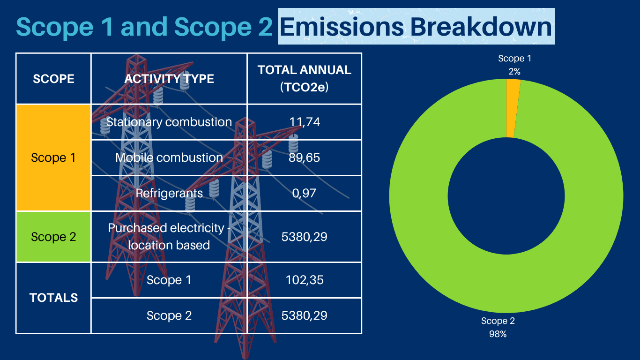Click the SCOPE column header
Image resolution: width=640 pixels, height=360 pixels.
[x=53, y=79]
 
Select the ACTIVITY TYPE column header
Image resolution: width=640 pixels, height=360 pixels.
[x=169, y=79]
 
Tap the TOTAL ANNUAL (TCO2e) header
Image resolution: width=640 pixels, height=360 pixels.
[x=305, y=79]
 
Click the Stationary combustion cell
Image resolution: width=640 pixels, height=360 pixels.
[x=169, y=122]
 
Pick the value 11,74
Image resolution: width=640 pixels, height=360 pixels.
[x=305, y=122]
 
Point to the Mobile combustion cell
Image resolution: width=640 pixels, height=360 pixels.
[x=169, y=157]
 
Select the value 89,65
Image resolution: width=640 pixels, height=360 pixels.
[x=305, y=157]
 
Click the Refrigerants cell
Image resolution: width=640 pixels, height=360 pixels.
[x=169, y=193]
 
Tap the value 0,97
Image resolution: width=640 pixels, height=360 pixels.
[x=305, y=193]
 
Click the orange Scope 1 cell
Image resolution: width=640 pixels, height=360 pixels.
[x=53, y=157]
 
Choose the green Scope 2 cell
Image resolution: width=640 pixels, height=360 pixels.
[x=53, y=237]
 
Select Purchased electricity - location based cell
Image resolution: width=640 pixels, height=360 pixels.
[x=169, y=237]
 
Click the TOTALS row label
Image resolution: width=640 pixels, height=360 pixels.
[x=53, y=298]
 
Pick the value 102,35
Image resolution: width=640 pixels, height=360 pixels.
[x=305, y=280]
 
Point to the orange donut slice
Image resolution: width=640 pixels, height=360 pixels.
[x=513, y=108]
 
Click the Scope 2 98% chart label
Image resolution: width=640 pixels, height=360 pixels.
[x=498, y=327]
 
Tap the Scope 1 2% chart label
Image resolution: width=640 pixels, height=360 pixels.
[x=514, y=65]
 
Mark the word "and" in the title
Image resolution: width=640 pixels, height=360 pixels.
[x=144, y=27]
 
